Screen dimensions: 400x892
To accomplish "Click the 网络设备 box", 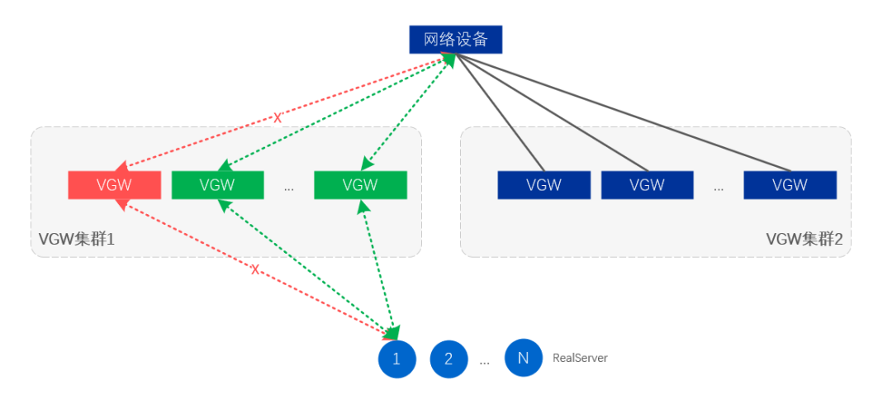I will pyautogui.click(x=455, y=39).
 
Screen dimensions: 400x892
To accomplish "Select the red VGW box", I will pyautogui.click(x=114, y=185).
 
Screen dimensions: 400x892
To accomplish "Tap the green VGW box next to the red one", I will pyautogui.click(x=217, y=185).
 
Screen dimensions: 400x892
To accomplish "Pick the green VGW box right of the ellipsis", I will pyautogui.click(x=360, y=185).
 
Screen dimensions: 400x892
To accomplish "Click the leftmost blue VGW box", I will pyautogui.click(x=543, y=185).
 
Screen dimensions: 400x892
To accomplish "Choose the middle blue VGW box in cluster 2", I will pyautogui.click(x=647, y=185).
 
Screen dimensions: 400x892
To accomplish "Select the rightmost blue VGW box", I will pyautogui.click(x=790, y=185).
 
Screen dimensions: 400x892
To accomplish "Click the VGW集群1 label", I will pyautogui.click(x=76, y=240).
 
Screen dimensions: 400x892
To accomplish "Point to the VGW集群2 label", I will pyautogui.click(x=804, y=240).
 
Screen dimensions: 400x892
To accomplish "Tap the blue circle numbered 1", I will pyautogui.click(x=396, y=359).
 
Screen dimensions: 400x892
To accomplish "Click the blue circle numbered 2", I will pyautogui.click(x=448, y=359).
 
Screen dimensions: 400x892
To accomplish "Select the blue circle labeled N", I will pyautogui.click(x=523, y=358).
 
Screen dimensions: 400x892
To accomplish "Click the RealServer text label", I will pyautogui.click(x=580, y=358).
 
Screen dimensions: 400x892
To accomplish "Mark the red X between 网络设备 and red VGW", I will pyautogui.click(x=278, y=118).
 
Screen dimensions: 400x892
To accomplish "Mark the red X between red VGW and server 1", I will pyautogui.click(x=254, y=269).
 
